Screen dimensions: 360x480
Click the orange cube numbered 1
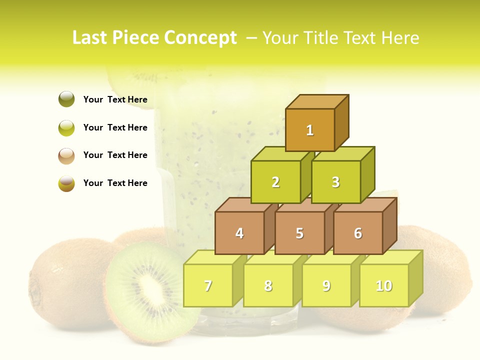[309, 130]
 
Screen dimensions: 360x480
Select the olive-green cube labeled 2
[275, 182]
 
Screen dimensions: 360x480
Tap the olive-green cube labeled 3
[335, 182]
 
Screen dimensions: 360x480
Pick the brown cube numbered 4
[239, 233]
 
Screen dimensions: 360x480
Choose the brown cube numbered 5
[299, 233]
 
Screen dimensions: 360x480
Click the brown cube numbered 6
[357, 233]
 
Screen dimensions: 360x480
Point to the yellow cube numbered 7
[208, 285]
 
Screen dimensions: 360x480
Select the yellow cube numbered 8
[268, 285]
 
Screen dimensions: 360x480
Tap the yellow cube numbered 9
[326, 285]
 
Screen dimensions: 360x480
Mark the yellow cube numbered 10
[383, 285]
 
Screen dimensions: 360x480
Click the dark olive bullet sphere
[66, 99]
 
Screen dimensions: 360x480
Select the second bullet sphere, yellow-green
[66, 127]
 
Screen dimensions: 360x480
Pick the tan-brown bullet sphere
[66, 155]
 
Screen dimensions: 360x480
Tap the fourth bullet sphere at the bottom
[66, 183]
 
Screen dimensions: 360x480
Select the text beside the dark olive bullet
[115, 99]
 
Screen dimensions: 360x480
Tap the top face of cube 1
[316, 101]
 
